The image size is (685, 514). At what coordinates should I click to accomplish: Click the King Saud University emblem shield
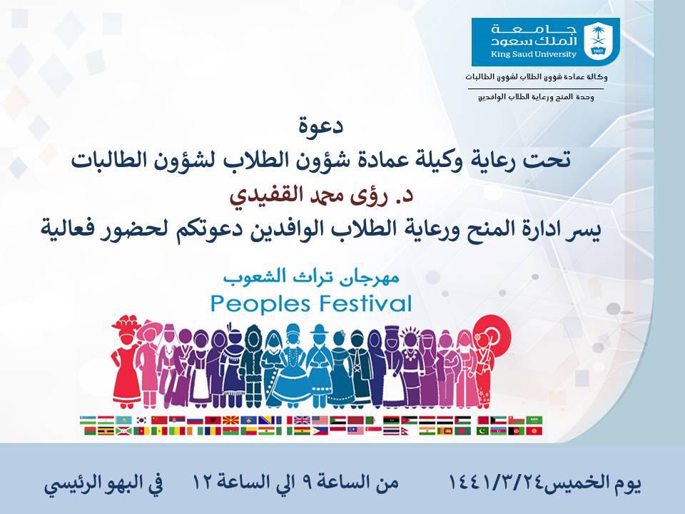coord(598,42)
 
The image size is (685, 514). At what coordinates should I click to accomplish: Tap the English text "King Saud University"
coord(534,55)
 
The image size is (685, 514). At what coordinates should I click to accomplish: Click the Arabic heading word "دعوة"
coord(321,126)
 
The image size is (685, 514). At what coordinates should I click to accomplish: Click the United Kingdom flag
coord(301,420)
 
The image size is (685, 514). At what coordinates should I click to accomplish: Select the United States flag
coord(320,420)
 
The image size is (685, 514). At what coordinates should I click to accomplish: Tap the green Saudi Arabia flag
coord(534,420)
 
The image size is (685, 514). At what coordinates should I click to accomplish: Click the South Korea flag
coord(141,420)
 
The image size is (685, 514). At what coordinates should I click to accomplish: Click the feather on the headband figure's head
coord(229,328)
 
